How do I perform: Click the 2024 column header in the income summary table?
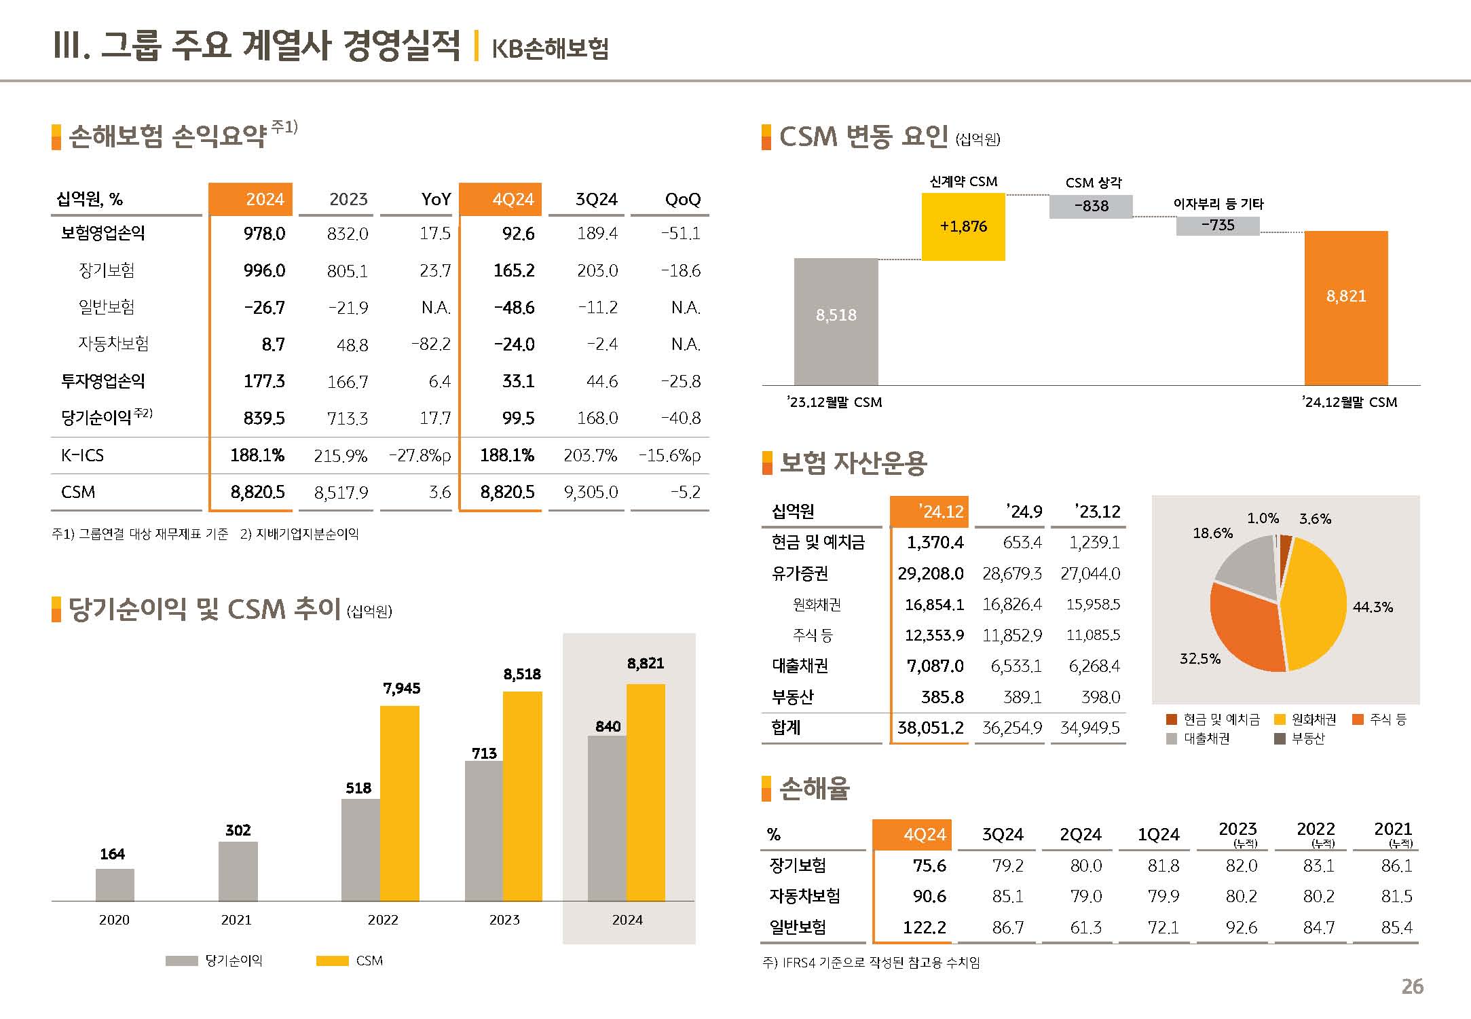tap(250, 199)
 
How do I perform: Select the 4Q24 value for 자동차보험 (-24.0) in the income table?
tap(514, 344)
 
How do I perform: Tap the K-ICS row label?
tap(82, 455)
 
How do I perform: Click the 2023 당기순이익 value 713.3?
tap(347, 418)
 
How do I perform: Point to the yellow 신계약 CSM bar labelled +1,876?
tap(963, 226)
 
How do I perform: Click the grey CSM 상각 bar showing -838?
tap(1090, 207)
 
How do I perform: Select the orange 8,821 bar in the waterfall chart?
tap(1345, 308)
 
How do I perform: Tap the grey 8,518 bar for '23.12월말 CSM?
tap(836, 321)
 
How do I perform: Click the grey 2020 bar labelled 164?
tap(115, 884)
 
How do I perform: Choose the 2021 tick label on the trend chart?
tap(236, 920)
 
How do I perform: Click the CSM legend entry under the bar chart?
tap(350, 961)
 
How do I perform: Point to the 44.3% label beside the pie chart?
tap(1372, 607)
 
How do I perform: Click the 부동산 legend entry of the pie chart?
tap(1300, 738)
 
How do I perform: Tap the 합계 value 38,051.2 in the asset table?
tap(930, 728)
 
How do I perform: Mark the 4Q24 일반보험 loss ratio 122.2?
tap(924, 927)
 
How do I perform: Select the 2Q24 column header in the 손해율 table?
tap(1080, 834)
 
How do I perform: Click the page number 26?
tap(1412, 986)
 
